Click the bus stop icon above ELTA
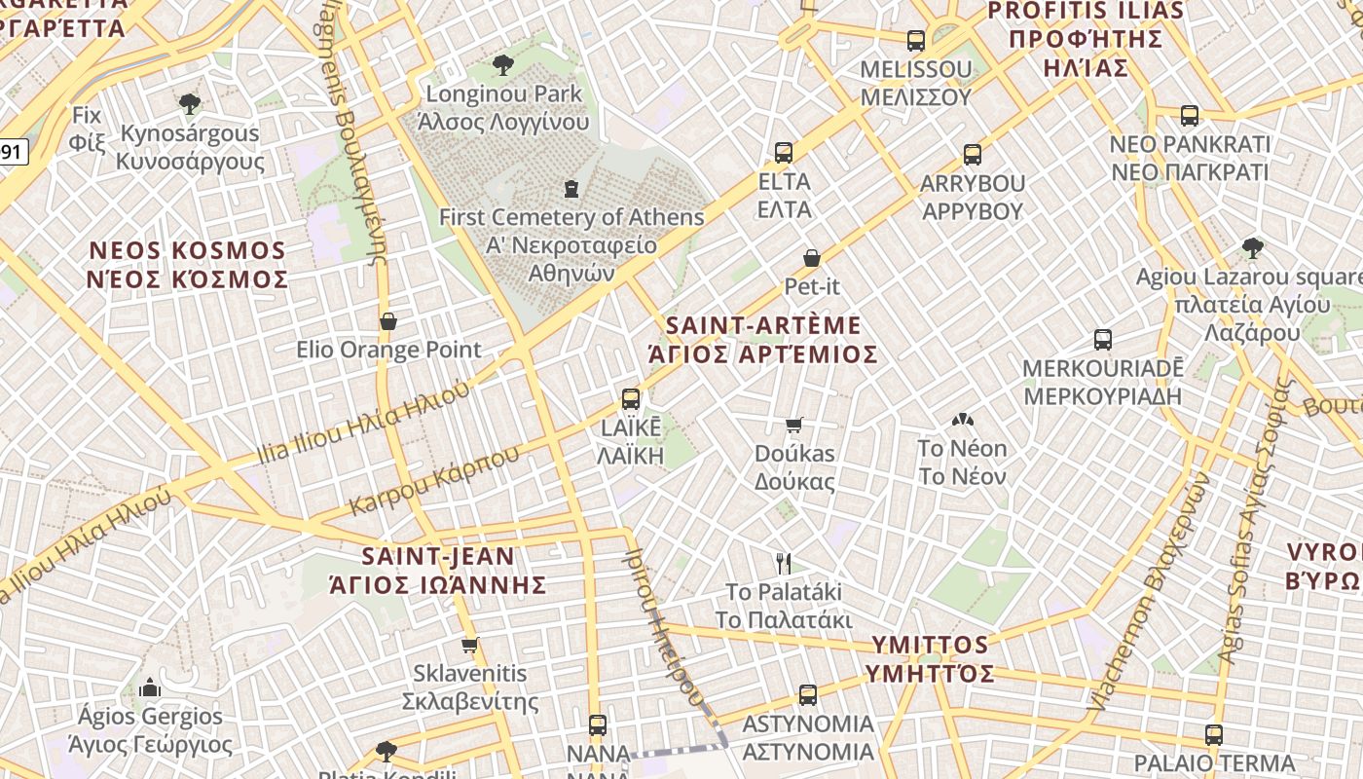[x=784, y=152]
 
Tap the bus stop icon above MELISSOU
[x=916, y=40]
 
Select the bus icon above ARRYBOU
[x=972, y=154]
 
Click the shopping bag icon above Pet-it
[x=812, y=258]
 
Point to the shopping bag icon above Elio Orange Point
[x=388, y=321]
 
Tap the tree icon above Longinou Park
[x=503, y=65]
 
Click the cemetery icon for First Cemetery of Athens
[x=571, y=188]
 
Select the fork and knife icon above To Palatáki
[x=784, y=563]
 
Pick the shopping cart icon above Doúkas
[x=794, y=425]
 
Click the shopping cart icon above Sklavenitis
[x=470, y=645]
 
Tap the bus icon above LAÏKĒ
[x=631, y=398]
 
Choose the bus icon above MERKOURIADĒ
[x=1102, y=340]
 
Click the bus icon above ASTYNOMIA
[x=808, y=695]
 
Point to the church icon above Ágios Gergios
[x=150, y=687]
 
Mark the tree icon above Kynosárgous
[x=190, y=103]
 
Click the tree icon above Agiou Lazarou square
[x=1253, y=248]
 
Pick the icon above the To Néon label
[x=962, y=420]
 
